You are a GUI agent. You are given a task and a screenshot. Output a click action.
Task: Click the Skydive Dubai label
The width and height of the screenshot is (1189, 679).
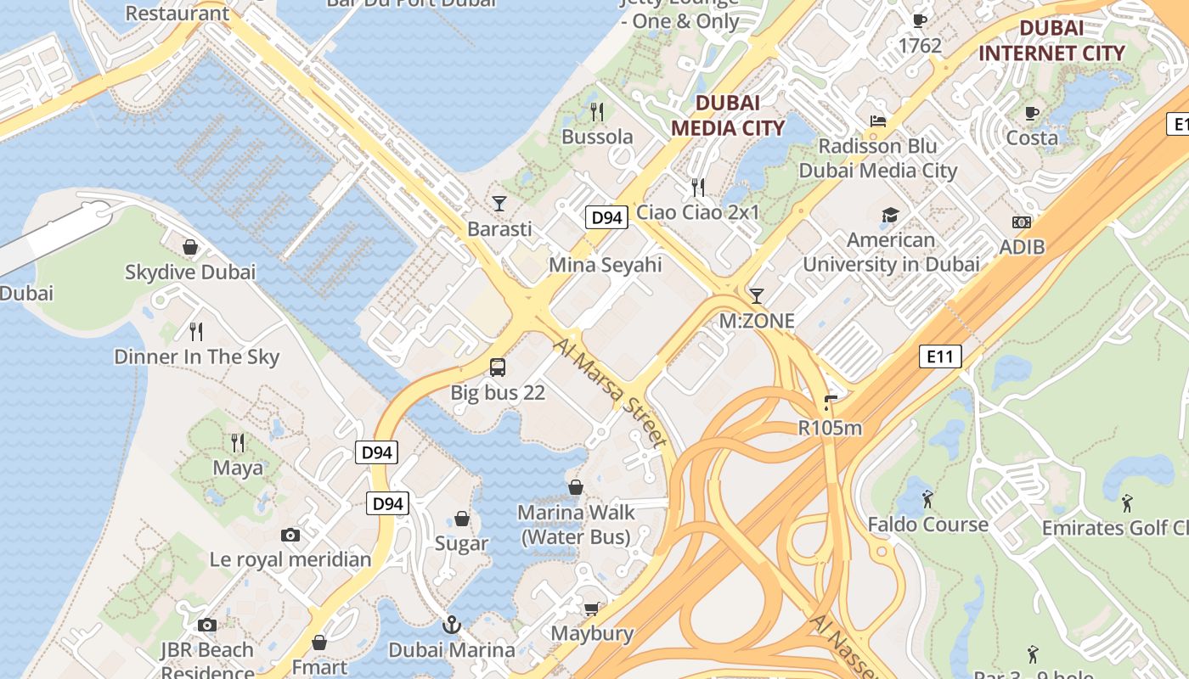click(189, 272)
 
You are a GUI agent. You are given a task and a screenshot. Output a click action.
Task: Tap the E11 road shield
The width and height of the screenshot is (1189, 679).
click(940, 356)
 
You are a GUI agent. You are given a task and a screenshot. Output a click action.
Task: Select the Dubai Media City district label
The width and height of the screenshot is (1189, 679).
click(727, 115)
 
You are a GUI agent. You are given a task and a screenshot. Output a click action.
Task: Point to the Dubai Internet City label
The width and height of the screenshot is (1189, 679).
click(1051, 40)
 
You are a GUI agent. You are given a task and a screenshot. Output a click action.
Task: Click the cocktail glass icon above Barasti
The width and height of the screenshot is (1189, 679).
click(499, 204)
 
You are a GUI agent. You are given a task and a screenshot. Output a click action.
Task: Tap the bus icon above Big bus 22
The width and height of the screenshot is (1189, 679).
click(498, 368)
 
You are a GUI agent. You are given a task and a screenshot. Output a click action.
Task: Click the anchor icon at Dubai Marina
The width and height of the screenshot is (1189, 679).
click(452, 626)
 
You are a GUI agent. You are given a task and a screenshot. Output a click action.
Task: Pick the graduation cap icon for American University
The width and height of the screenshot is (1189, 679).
click(890, 215)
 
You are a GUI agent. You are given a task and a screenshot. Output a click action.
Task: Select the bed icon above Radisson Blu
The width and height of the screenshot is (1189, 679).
click(878, 121)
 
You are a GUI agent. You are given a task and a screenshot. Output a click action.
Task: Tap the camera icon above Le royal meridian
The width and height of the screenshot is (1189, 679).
click(290, 535)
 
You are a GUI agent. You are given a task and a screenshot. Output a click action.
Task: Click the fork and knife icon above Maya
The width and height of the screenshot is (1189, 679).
click(238, 442)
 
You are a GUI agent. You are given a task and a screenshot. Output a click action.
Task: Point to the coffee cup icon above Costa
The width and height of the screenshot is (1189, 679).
click(1032, 113)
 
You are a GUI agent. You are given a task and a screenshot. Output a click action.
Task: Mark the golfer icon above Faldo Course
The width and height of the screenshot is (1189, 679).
click(927, 499)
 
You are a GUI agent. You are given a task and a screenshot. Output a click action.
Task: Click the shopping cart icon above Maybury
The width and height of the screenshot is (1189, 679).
click(591, 609)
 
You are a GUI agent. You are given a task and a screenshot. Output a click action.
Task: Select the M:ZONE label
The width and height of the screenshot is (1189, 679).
click(757, 321)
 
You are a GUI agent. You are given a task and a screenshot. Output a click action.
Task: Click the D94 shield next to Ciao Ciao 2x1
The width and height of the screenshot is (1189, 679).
click(606, 217)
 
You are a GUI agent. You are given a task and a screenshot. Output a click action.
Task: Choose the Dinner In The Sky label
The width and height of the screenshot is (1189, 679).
click(196, 356)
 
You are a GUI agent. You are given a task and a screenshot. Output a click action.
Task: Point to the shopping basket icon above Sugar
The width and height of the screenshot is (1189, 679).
click(462, 519)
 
